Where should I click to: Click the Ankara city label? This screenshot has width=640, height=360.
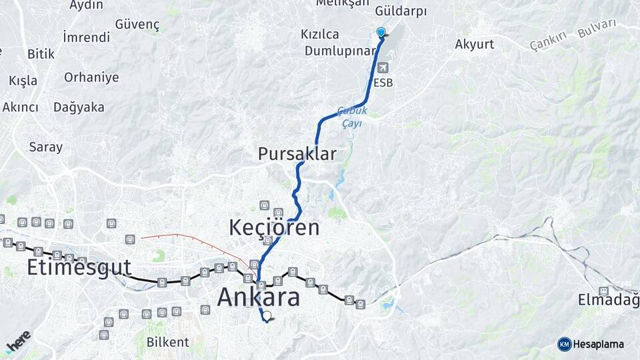(259, 297)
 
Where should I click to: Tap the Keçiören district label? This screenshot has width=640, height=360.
(274, 227)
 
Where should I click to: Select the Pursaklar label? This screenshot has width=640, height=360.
(297, 154)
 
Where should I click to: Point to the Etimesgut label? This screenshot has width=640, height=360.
(79, 268)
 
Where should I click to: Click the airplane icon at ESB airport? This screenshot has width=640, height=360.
(383, 68)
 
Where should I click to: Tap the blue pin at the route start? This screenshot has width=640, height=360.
(381, 32)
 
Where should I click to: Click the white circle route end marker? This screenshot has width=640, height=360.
(267, 316)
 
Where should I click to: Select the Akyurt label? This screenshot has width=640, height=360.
(475, 45)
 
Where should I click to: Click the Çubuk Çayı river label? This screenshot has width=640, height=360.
(351, 117)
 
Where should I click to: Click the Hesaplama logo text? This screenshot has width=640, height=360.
(599, 344)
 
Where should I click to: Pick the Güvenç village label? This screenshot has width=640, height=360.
(137, 24)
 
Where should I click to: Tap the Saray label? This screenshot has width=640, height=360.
(45, 147)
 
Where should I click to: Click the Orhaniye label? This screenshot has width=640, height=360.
(91, 77)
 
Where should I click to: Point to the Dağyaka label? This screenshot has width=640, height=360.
(79, 107)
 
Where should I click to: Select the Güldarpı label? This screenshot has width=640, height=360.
(401, 11)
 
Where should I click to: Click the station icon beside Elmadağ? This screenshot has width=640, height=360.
(603, 291)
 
